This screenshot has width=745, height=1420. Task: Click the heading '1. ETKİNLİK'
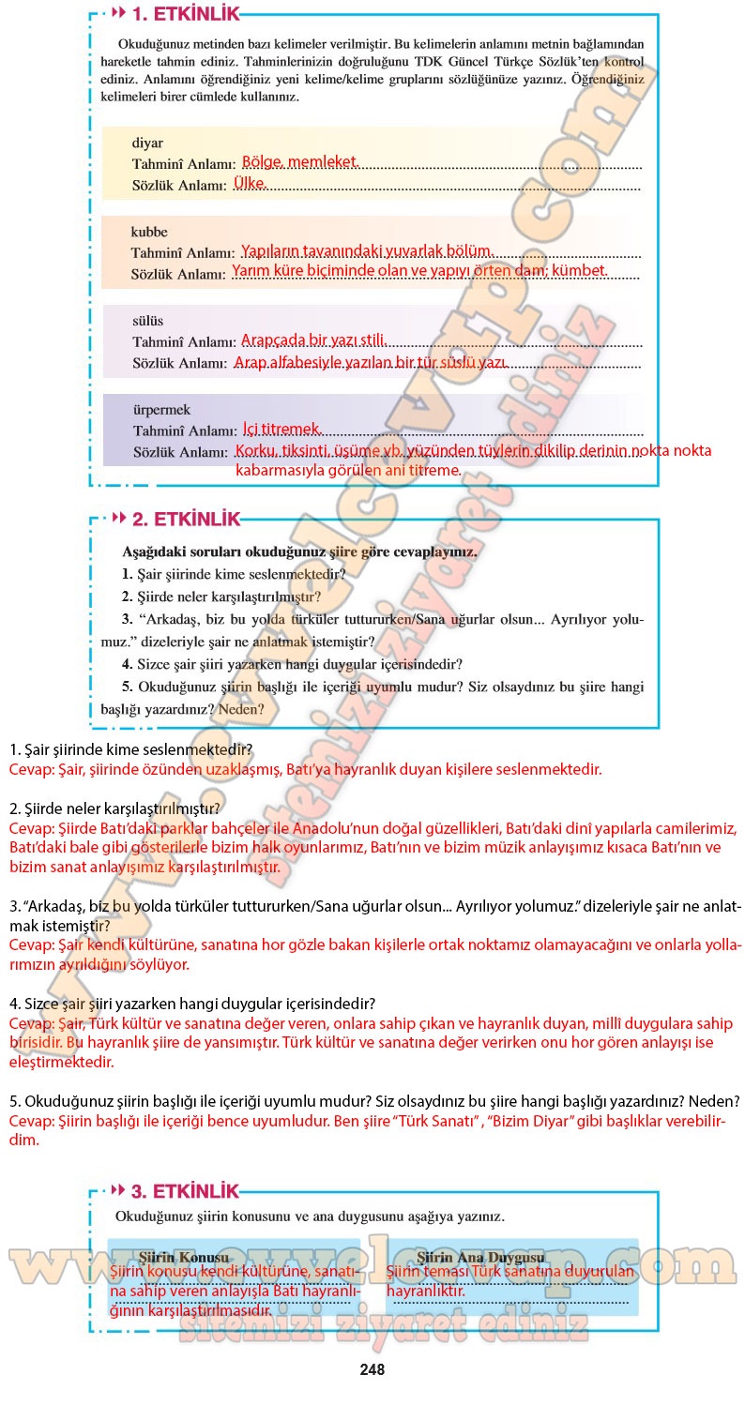[x=185, y=14]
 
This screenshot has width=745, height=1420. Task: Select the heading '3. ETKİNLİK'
[x=185, y=1191]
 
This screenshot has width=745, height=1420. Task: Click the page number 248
[x=372, y=1369]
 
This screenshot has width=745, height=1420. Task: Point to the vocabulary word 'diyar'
[x=147, y=144]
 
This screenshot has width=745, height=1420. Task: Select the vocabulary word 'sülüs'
[x=147, y=321]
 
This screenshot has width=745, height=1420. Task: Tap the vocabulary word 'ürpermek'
[x=161, y=410]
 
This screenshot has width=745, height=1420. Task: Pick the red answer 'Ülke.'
[x=250, y=183]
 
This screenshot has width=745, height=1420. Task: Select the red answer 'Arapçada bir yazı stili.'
[x=313, y=340]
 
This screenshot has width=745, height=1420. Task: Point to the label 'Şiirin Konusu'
[x=184, y=1257]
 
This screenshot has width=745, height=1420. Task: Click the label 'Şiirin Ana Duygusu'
[x=480, y=1257]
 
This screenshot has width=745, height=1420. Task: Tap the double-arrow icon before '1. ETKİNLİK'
[x=118, y=14]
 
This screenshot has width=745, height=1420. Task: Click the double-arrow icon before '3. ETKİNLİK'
[x=118, y=1191]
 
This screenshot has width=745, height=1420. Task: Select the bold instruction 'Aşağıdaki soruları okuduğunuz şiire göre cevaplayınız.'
[x=299, y=551]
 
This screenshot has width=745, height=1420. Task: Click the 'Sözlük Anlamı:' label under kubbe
[x=177, y=274]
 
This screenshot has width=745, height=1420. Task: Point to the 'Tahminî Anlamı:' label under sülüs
[x=183, y=341]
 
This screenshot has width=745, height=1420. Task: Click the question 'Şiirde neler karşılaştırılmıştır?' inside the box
[x=228, y=596]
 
